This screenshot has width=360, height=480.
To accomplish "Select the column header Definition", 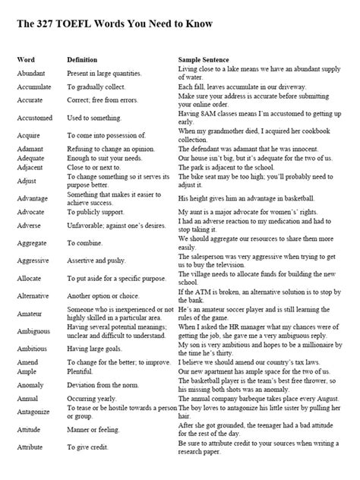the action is [82, 58].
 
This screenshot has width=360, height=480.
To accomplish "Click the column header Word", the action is [27, 58].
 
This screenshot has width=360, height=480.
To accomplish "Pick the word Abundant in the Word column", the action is [31, 74].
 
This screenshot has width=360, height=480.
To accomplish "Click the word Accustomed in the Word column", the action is [34, 117].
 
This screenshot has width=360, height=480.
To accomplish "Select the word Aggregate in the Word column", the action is [33, 242].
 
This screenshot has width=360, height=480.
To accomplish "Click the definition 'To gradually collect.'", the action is [98, 88].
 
